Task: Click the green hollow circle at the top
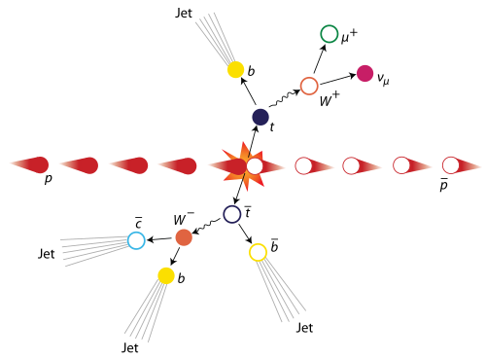pos(330,34)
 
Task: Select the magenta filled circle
pos(364,73)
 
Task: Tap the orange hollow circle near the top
pos(309,86)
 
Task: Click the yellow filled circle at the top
pos(235,69)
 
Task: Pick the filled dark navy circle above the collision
pos(260,117)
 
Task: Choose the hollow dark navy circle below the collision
pos(232,214)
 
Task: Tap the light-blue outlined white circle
pos(136,240)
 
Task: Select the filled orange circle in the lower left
pos(184,237)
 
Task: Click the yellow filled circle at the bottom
pos(166,275)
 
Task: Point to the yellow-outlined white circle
pos(258,253)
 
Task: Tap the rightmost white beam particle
pos(451,165)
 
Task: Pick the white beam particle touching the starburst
pos(255,166)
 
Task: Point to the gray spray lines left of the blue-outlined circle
pos(92,248)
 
